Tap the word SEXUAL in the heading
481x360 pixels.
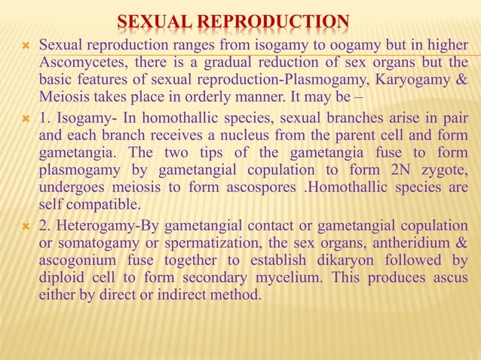154,21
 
